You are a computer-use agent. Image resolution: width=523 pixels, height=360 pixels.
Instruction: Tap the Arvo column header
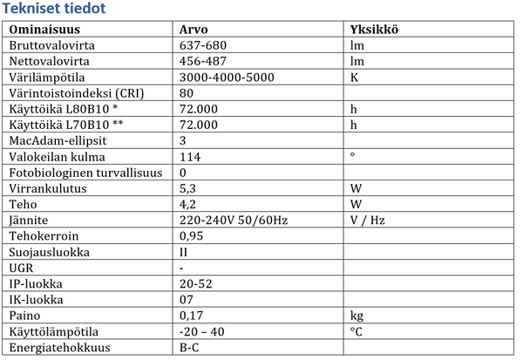(x=193, y=30)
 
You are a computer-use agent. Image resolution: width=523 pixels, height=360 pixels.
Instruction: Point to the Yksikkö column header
(x=374, y=30)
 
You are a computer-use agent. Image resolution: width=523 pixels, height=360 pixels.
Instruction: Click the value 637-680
(x=203, y=45)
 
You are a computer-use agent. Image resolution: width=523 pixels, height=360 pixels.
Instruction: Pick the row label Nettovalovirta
(x=50, y=61)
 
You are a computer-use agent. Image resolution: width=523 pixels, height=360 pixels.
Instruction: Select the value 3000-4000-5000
(x=227, y=77)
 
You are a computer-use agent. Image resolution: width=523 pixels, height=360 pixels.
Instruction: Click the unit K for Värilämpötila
(x=354, y=77)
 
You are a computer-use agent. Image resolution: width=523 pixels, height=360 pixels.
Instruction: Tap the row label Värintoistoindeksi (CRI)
(x=75, y=92)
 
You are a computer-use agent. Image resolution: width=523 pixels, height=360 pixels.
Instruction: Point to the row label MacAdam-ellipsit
(x=56, y=140)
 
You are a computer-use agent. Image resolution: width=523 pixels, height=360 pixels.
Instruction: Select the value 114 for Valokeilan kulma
(x=189, y=157)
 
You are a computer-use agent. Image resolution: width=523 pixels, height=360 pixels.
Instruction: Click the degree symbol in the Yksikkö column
(x=352, y=155)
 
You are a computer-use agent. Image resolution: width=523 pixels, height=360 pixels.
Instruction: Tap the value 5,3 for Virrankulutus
(x=187, y=188)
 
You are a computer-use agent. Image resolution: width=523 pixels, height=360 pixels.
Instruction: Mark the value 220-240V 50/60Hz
(x=233, y=220)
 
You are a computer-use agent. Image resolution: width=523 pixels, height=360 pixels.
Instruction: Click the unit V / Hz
(x=367, y=220)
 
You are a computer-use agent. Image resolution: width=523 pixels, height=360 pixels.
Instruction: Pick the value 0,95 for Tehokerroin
(x=190, y=235)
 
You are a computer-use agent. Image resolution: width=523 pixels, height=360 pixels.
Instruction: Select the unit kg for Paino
(x=356, y=316)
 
